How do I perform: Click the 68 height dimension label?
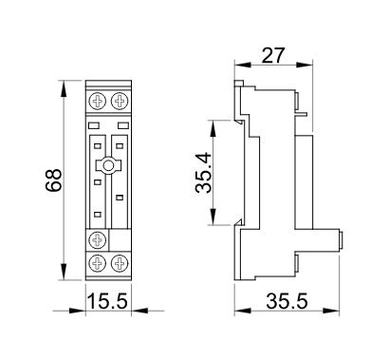[53, 180]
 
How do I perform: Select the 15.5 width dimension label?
[108, 301]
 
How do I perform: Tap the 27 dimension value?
[273, 56]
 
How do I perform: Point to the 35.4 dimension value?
[203, 173]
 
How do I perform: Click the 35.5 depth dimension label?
[287, 301]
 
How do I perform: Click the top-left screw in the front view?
[97, 101]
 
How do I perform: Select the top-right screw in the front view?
[120, 101]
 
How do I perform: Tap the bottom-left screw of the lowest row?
[97, 263]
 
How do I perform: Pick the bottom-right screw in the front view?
[120, 263]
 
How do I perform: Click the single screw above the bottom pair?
[97, 239]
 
